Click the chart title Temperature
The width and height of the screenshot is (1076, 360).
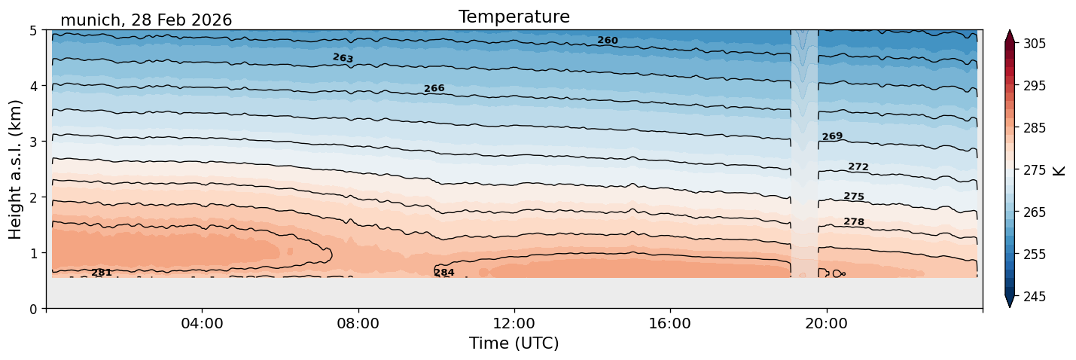coord(514,17)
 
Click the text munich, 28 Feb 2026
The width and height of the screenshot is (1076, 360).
coord(146,20)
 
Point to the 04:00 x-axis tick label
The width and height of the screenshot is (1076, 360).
coord(202,323)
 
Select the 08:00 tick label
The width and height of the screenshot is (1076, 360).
coord(358,323)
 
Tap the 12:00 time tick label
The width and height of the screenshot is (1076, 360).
coord(514,323)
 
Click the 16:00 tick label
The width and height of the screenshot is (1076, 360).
coord(670,323)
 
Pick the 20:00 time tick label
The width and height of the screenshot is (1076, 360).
coord(826,323)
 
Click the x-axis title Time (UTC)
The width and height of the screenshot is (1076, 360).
coord(514,343)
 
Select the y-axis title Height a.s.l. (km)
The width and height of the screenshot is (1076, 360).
coord(15,169)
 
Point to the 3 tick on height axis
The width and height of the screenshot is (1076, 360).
coord(33,142)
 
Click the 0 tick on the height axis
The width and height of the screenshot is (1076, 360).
coord(33,309)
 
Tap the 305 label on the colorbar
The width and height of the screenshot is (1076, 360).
coord(1034,44)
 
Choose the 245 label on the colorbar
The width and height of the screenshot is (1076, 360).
coord(1034,297)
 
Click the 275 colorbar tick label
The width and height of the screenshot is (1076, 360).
coord(1034,170)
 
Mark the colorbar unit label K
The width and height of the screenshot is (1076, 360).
coord(1059,171)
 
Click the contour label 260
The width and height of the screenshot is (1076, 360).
coord(608,41)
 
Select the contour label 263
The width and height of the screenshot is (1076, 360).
coord(343,58)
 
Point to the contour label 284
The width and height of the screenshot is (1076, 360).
coord(444,273)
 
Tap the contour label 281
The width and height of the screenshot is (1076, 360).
coord(102,273)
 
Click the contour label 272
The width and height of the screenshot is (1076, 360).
coord(858,166)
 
